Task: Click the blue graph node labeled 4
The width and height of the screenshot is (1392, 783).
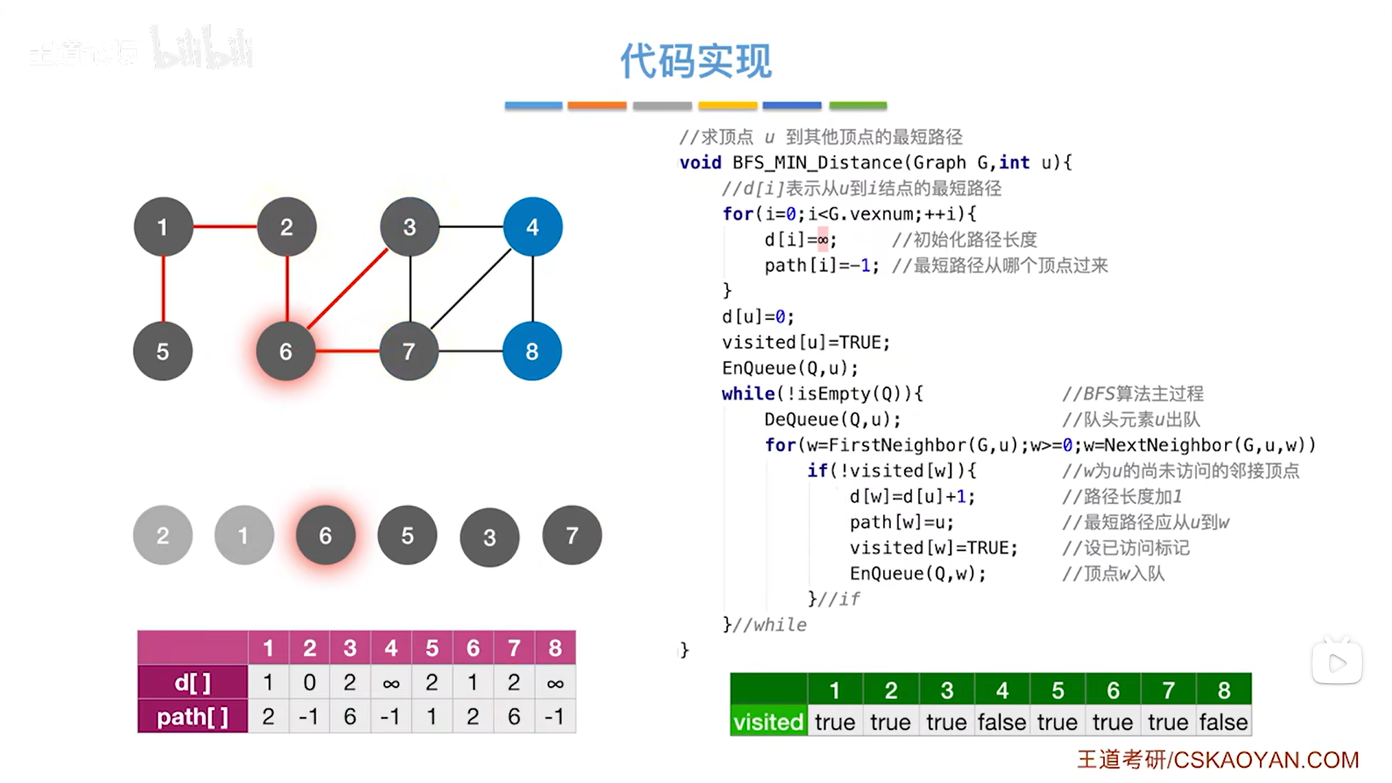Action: [532, 227]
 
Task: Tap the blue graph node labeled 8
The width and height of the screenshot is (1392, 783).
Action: [532, 351]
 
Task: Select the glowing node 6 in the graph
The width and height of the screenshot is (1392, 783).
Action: [286, 351]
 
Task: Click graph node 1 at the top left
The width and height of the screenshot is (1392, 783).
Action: [163, 227]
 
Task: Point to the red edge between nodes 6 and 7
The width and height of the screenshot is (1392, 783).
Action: [347, 351]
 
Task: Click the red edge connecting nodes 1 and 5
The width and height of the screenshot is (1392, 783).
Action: [163, 289]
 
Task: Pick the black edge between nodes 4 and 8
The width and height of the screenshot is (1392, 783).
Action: [532, 289]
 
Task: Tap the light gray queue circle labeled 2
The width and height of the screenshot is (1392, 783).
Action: [163, 535]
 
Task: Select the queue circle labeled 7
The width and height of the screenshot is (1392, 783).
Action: [572, 535]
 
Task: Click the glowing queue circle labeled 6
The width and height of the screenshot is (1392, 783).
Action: [326, 535]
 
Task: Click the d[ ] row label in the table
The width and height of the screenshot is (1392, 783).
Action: [193, 683]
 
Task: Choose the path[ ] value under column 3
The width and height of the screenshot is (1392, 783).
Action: [350, 717]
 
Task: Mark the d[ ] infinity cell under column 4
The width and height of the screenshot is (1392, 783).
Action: [391, 683]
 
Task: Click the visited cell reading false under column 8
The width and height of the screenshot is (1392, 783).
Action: [1223, 722]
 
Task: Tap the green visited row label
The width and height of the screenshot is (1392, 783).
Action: [768, 722]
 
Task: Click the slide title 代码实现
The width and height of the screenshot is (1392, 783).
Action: [695, 61]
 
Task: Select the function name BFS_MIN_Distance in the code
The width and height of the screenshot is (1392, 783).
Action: [818, 162]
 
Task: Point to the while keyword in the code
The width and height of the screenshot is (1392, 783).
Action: [748, 394]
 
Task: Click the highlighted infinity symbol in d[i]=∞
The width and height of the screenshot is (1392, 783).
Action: [823, 240]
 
